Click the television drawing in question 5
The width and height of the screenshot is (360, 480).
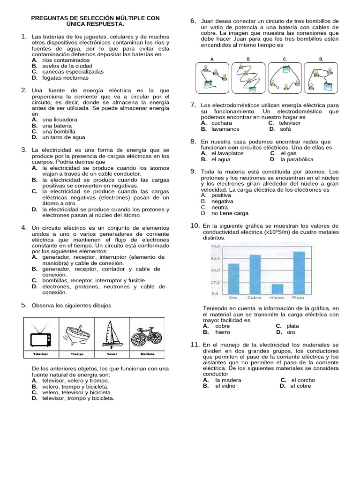tap(41, 335)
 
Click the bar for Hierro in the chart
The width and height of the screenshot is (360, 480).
tap(277, 289)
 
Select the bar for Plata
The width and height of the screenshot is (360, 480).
tap(299, 272)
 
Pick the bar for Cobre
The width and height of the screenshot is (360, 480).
tap(255, 274)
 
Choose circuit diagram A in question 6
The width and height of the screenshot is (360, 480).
tap(211, 76)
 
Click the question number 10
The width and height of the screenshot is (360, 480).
tap(195, 225)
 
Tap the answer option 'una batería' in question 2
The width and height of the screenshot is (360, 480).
tap(57, 126)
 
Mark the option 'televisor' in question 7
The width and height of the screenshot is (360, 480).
tap(290, 123)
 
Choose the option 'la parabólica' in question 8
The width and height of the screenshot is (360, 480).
tap(297, 159)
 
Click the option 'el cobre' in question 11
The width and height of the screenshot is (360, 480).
tap(300, 386)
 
